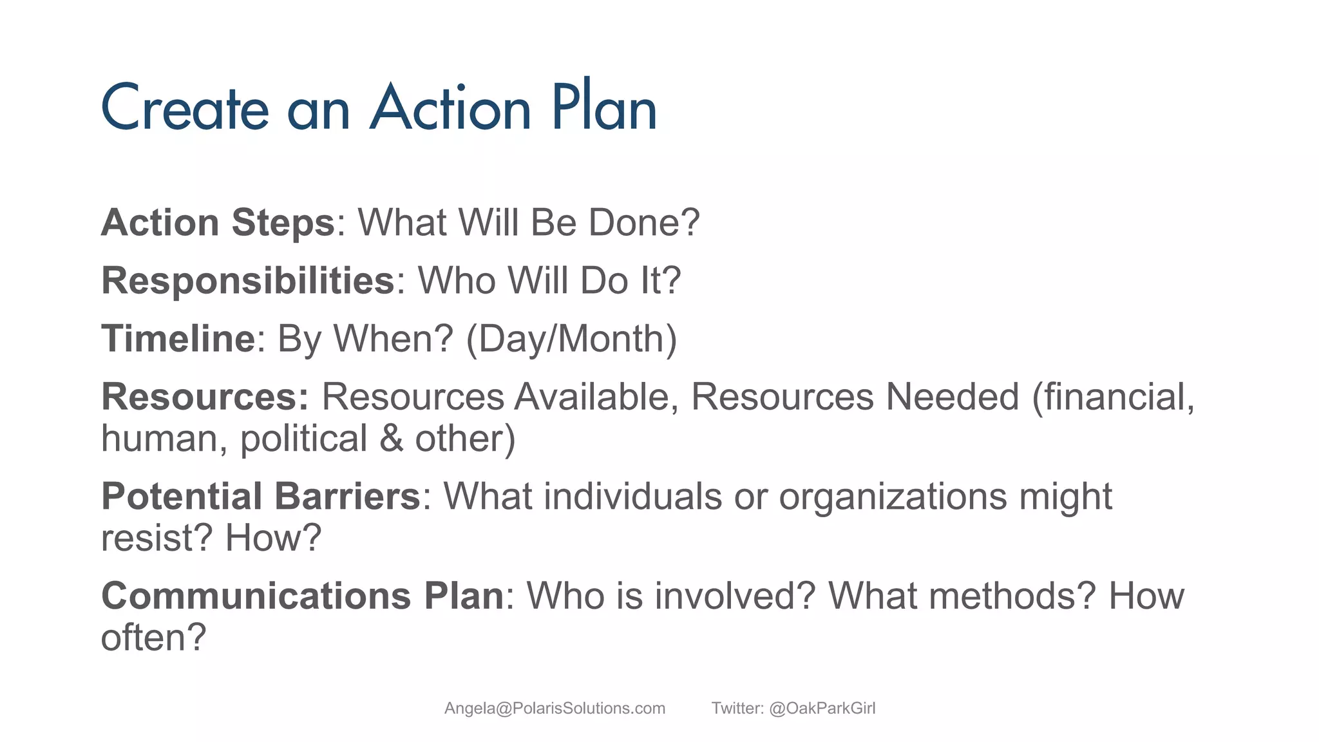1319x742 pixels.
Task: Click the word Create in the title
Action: pos(184,108)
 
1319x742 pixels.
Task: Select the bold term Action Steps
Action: pos(218,223)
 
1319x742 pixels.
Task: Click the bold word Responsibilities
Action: pos(248,281)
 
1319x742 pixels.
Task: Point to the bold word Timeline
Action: pos(178,339)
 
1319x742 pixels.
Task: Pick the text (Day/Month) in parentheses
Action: pos(571,339)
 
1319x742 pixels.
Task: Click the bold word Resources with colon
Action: pos(205,397)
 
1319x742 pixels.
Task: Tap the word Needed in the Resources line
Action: pos(951,397)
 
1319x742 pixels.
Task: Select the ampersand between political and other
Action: pos(391,439)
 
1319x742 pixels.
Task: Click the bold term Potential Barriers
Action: pos(261,497)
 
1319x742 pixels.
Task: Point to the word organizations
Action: pos(893,497)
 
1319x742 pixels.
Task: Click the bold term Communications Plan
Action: pos(302,596)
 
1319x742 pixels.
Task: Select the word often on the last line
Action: pos(153,638)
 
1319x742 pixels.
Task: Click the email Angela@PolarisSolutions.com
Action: pos(555,709)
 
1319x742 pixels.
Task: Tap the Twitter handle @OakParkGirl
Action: pos(822,709)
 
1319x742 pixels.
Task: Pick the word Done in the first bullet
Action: pos(644,223)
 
